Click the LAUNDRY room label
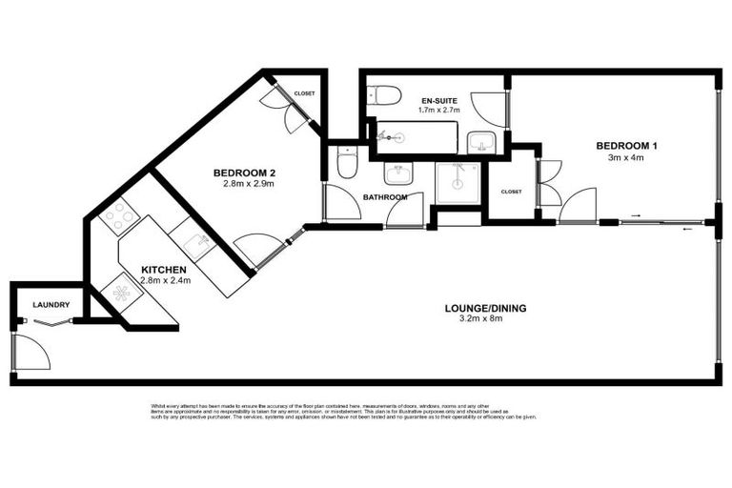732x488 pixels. click(x=50, y=305)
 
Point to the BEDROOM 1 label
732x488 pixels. click(x=626, y=146)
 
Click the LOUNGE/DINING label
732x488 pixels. click(x=485, y=308)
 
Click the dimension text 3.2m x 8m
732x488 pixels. click(x=485, y=319)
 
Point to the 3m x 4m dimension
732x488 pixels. click(x=626, y=157)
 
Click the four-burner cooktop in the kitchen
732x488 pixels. click(x=119, y=217)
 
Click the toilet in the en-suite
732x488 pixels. click(x=384, y=95)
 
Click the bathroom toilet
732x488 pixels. click(x=348, y=164)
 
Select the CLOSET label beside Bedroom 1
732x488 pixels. click(x=511, y=192)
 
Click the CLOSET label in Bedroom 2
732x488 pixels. click(x=304, y=93)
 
